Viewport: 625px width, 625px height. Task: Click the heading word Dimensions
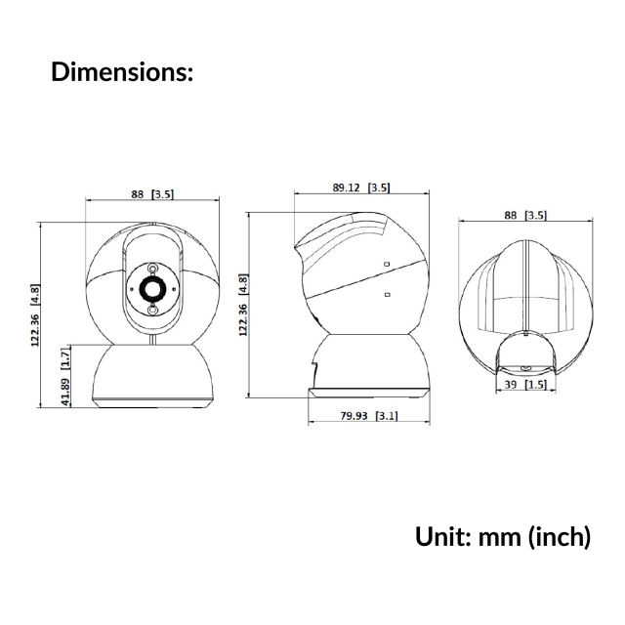tap(121, 72)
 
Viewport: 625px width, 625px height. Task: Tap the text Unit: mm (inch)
tap(503, 536)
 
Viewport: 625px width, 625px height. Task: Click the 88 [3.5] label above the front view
tap(152, 194)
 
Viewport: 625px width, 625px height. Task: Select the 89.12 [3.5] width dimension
tap(361, 187)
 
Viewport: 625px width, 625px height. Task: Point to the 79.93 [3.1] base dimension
tap(369, 417)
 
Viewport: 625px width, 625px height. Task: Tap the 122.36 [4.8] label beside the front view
tap(35, 315)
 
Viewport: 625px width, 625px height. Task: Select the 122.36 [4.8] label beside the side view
tap(243, 305)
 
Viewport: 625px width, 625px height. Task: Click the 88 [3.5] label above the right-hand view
tap(525, 215)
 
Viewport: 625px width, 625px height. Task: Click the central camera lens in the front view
tap(152, 288)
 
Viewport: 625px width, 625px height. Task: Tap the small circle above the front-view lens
tap(152, 267)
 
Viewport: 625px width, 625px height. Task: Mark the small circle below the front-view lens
tap(152, 311)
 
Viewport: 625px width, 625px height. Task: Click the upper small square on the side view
tap(388, 264)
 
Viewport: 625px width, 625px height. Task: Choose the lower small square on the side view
tap(388, 295)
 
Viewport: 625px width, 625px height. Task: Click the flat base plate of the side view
tap(368, 392)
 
